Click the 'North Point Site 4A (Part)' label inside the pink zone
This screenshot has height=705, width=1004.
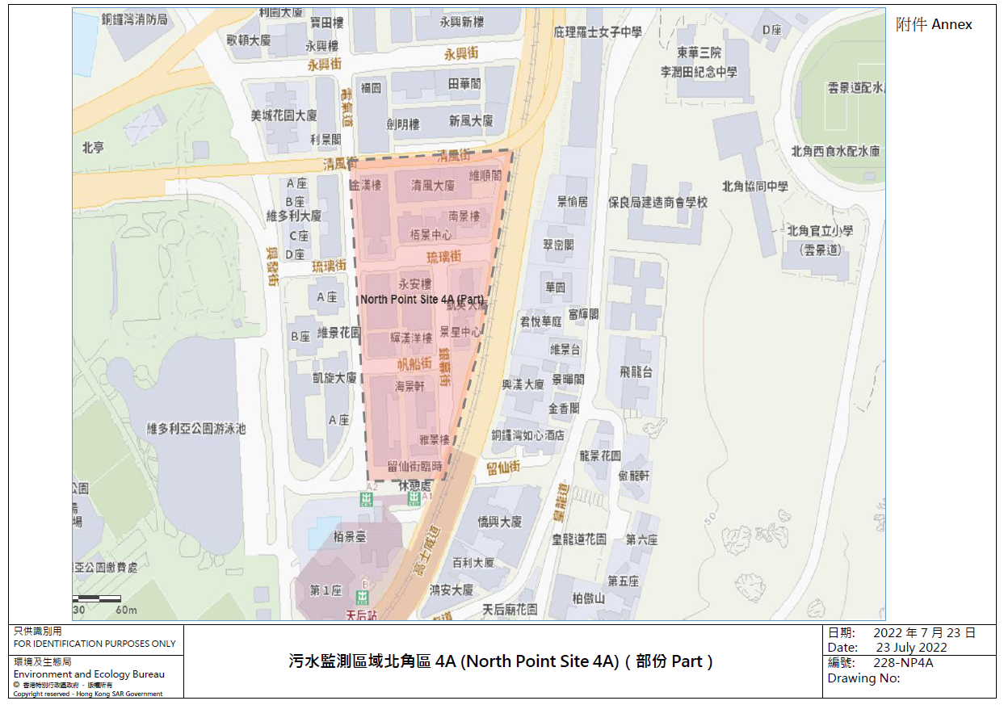click(x=422, y=300)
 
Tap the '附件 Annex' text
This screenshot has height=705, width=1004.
click(x=934, y=25)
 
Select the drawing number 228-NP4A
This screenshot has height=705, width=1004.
click(x=903, y=663)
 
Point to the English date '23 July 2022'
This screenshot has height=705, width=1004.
click(x=911, y=648)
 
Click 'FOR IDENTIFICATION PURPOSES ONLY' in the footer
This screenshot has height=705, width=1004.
click(x=95, y=644)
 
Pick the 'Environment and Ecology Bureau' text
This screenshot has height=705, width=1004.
click(x=89, y=674)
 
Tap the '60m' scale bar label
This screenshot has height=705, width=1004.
click(x=126, y=610)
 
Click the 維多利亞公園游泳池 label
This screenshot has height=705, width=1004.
click(x=195, y=429)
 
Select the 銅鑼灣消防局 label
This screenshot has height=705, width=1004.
click(x=135, y=19)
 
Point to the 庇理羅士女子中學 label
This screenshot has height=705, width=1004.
click(x=598, y=32)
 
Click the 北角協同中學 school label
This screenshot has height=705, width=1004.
click(x=754, y=187)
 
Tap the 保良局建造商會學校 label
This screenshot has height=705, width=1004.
click(x=657, y=203)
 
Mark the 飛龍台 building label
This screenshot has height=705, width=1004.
click(x=636, y=372)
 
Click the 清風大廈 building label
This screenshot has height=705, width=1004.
click(x=433, y=185)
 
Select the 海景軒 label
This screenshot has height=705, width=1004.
click(x=410, y=387)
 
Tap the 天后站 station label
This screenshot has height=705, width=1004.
click(x=361, y=615)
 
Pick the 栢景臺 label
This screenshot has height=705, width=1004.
click(x=350, y=536)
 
